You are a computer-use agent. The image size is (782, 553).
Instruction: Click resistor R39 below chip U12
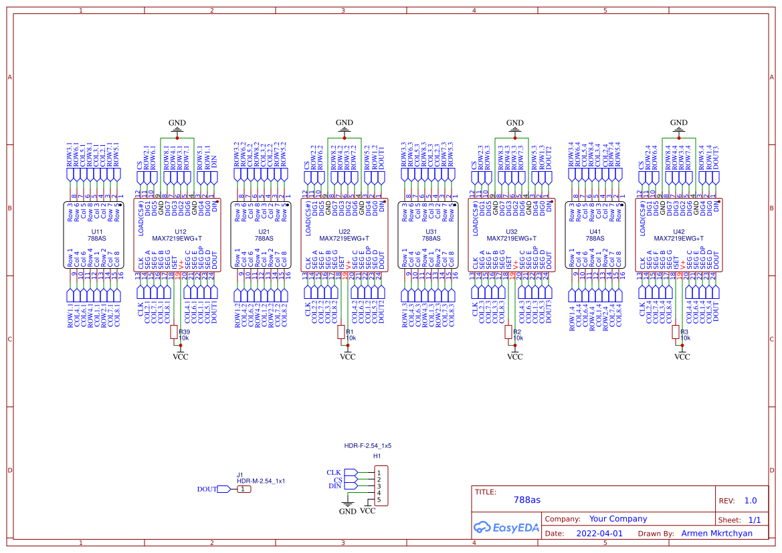point(174,332)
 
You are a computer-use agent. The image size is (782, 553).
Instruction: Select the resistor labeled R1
point(341,332)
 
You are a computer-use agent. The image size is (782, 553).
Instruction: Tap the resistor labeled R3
point(676,332)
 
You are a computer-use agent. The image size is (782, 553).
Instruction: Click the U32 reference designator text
point(512,231)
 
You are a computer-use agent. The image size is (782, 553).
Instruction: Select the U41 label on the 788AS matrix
point(595,231)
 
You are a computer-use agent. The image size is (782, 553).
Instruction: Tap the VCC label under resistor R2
point(514,357)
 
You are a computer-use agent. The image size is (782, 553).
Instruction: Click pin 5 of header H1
point(379,500)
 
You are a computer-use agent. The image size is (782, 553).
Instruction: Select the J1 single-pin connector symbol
point(245,489)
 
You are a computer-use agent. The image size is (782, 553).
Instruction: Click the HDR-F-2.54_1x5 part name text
point(367,445)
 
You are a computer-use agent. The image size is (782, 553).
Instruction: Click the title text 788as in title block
point(526,500)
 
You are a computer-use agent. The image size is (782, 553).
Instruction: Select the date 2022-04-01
point(599,534)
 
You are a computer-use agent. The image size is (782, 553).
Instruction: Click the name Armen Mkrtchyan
point(716,534)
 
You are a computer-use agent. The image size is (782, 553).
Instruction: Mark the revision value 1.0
point(750,500)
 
